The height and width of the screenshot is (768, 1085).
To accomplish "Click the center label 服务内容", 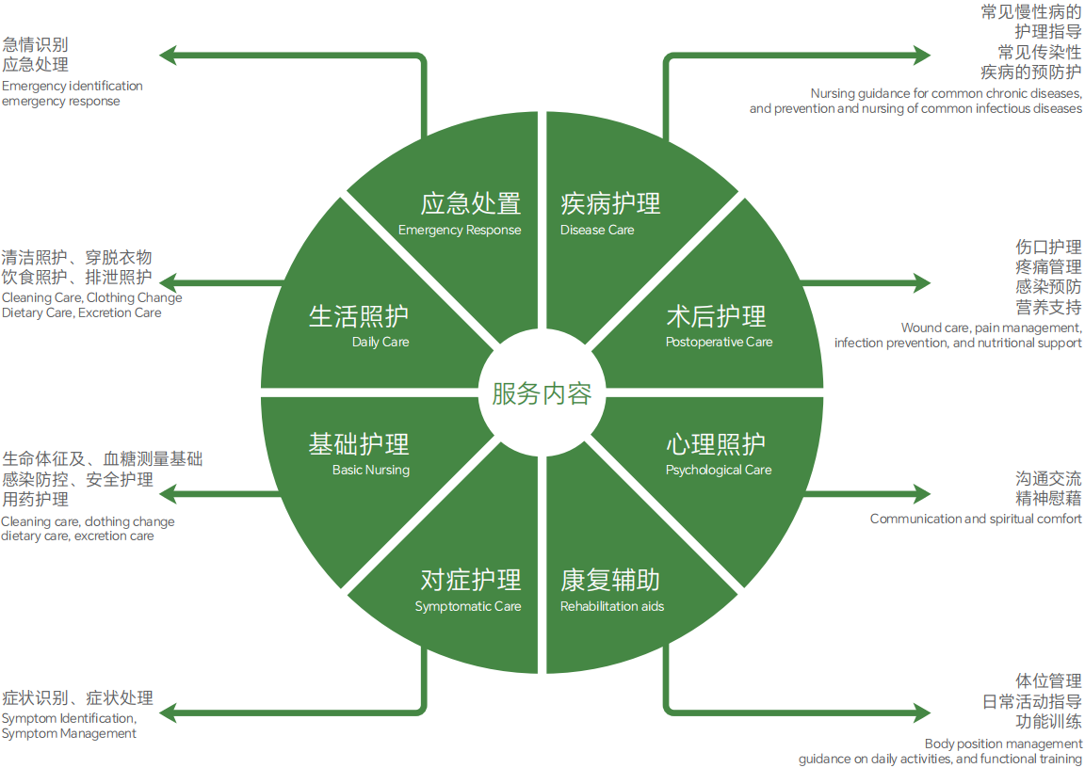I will [542, 392].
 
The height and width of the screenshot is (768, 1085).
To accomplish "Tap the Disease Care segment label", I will [610, 213].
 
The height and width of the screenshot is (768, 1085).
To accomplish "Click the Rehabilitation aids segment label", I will [611, 589].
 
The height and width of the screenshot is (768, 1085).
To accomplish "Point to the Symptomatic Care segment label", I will [469, 589].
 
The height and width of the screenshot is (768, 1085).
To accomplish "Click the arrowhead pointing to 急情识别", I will [168, 55].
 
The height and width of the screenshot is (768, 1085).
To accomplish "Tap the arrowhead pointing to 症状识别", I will [168, 712].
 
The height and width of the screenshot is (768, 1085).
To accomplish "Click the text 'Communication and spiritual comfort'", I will [976, 519].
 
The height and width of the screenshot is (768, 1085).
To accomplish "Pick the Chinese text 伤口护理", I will [1048, 248].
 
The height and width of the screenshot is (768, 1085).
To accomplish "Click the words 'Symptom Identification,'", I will [69, 718].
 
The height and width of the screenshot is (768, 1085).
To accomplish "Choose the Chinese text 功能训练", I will [1048, 722].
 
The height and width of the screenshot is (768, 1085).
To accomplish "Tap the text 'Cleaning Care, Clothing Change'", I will [91, 297].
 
